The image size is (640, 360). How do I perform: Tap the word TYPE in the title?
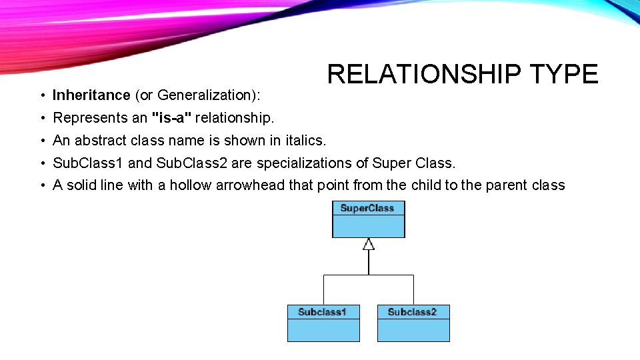coord(564,74)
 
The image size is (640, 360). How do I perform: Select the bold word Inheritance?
coord(91,95)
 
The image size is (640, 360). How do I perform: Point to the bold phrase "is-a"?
coord(171,118)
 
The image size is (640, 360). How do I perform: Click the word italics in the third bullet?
coord(304,140)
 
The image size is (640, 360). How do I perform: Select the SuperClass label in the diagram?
coord(368,208)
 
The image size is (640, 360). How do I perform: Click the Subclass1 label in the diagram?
coord(323,312)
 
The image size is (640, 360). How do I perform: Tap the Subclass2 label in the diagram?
coord(413,312)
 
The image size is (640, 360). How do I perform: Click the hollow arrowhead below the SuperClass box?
coord(369,244)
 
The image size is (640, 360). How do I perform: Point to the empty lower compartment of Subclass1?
coord(323,330)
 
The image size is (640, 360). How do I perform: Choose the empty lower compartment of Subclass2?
coord(413,330)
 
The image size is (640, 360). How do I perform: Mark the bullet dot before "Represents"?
coord(41,119)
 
